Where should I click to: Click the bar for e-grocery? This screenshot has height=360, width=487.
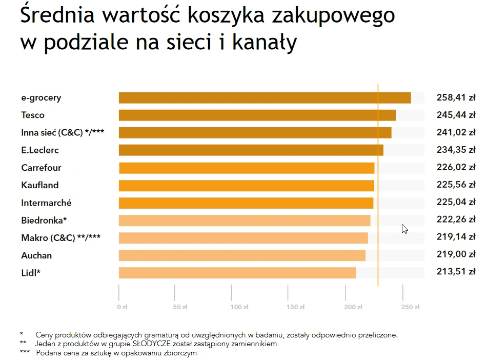pos(265,98)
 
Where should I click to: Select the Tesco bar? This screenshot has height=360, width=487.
pos(257,115)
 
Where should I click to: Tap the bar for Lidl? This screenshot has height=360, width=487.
pos(237,273)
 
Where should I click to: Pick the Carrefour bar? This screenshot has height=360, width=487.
pos(246,168)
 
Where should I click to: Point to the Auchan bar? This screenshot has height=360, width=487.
pos(242,255)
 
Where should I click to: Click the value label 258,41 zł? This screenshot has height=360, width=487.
pos(456,97)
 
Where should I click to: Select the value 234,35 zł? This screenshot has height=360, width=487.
pos(456,150)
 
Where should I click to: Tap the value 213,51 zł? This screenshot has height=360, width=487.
pos(456,272)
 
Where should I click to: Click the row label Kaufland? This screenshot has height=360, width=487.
pos(40,185)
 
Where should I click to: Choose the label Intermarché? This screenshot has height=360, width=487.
pos(46,203)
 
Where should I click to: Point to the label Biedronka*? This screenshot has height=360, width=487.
pos(44,221)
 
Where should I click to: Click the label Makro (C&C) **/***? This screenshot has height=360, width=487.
pos(60,238)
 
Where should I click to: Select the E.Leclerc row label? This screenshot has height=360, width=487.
pos(40,150)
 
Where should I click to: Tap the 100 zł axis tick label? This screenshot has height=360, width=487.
pos(239,307)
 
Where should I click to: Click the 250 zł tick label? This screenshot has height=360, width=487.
pos(410,307)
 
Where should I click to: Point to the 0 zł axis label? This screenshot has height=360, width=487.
pos(122,307)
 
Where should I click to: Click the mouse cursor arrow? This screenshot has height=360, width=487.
pos(404,228)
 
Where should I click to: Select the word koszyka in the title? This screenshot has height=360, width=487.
pos(227,15)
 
